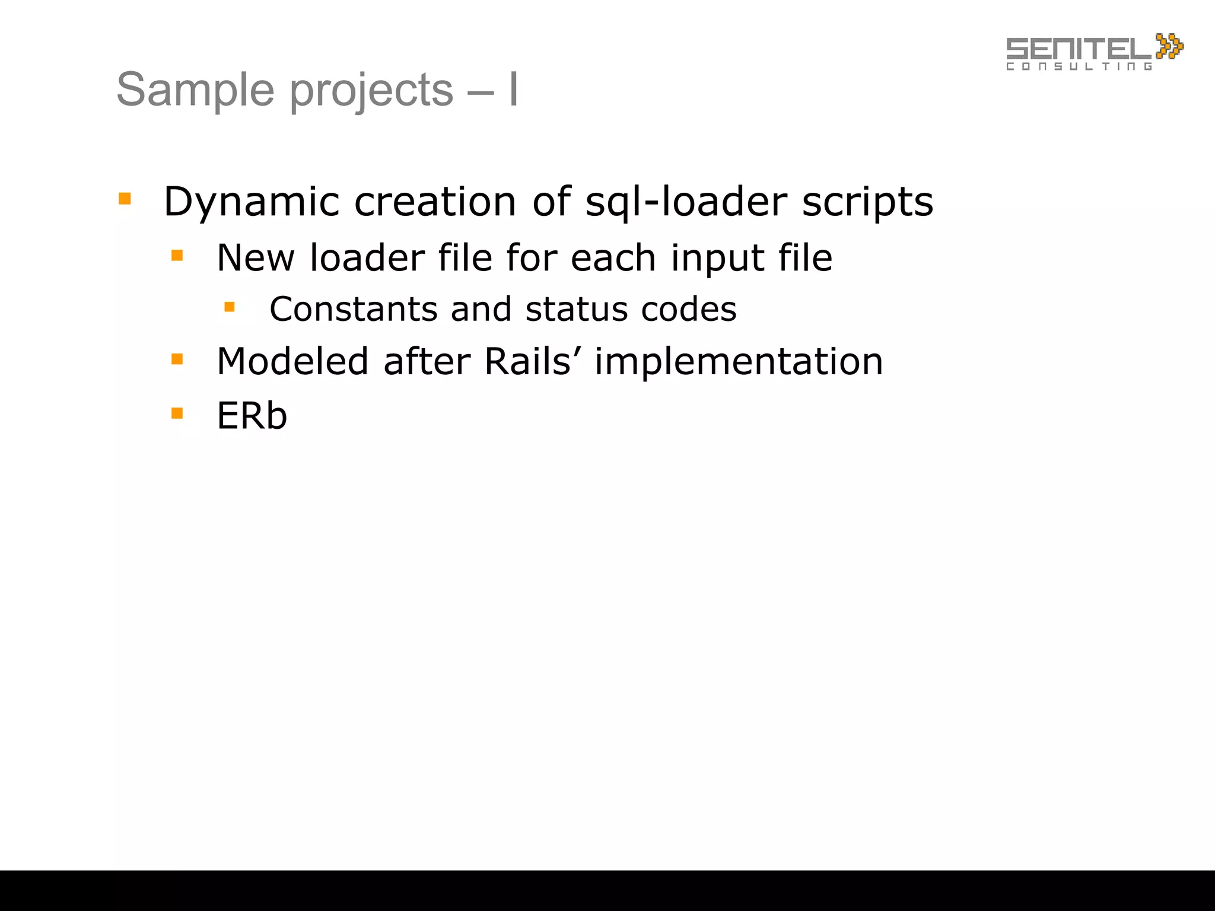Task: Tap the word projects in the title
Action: pos(371,91)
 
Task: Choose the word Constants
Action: pos(352,309)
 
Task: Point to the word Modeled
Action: pos(292,361)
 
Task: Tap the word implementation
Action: pos(739,362)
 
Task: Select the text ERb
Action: pos(252,415)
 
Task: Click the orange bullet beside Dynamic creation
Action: pos(125,198)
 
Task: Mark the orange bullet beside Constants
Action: pos(230,307)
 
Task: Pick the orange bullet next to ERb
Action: pos(177,412)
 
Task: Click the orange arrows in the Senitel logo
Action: pos(1169,46)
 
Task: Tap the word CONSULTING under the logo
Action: pos(1079,66)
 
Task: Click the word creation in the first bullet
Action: pos(435,202)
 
